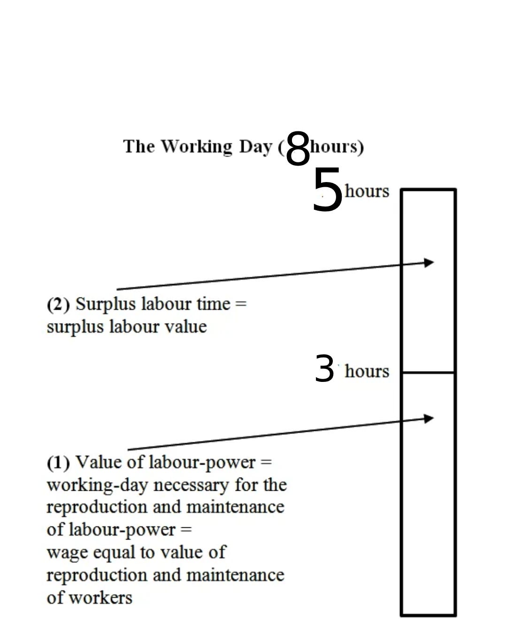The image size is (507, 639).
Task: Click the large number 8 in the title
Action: [x=298, y=148]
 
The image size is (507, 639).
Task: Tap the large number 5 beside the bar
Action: [x=327, y=190]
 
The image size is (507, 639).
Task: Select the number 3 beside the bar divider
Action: [x=324, y=369]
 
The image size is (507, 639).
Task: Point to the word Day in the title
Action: [x=255, y=147]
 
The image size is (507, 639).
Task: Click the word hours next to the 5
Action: [x=367, y=191]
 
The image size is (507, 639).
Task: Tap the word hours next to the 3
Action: [x=367, y=371]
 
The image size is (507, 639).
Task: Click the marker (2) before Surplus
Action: [x=58, y=304]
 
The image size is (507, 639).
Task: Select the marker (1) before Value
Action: [x=58, y=463]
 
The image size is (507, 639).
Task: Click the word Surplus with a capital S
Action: [x=106, y=304]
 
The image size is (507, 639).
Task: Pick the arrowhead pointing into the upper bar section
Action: [x=429, y=262]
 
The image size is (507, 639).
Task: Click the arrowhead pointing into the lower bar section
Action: [x=429, y=418]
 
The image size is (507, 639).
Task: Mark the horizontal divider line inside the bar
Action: [x=428, y=373]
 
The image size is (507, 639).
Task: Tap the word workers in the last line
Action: [x=100, y=598]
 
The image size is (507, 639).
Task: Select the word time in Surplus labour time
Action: [x=214, y=304]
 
